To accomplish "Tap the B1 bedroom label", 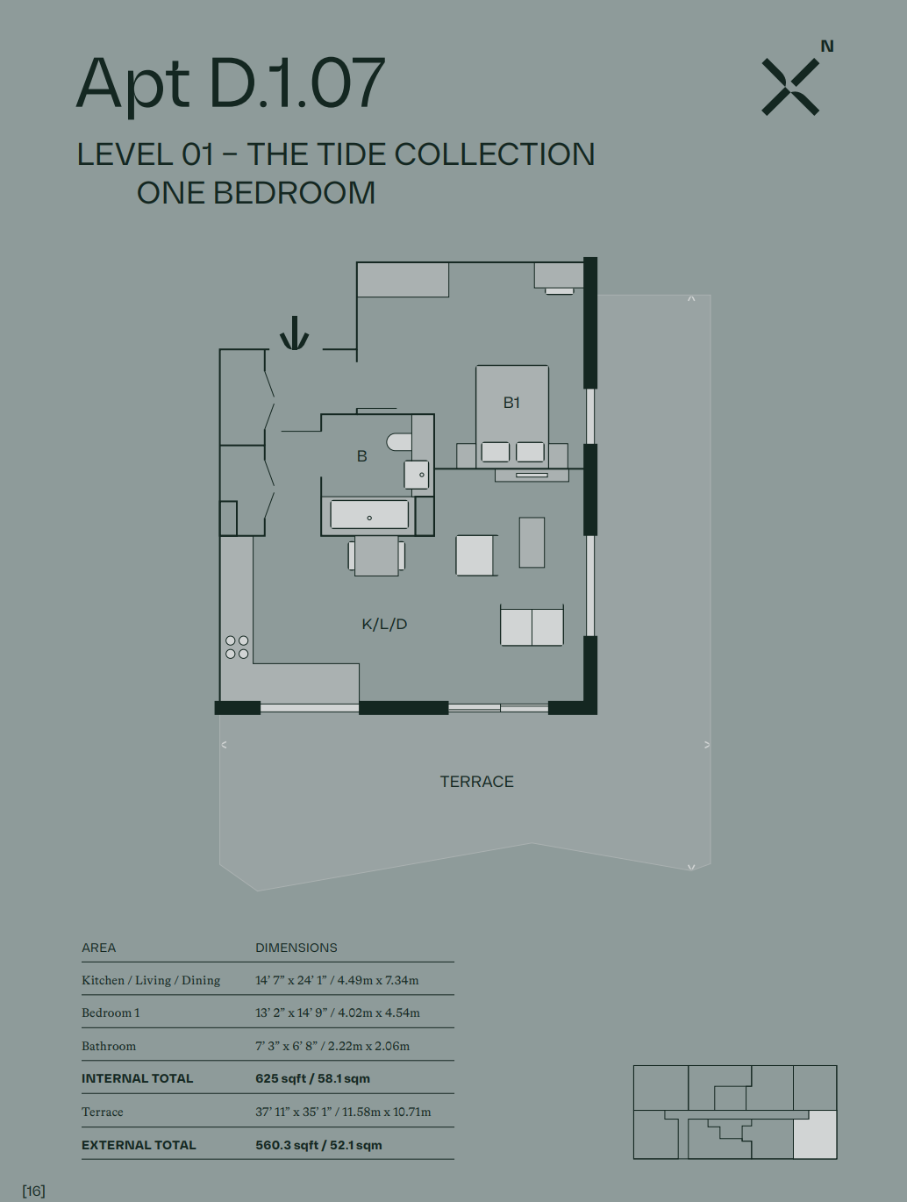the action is pyautogui.click(x=511, y=403).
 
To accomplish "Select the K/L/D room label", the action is pyautogui.click(x=384, y=625).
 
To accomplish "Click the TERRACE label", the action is pyautogui.click(x=477, y=782).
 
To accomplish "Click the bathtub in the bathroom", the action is pyautogui.click(x=369, y=515).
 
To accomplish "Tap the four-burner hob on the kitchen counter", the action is pyautogui.click(x=237, y=648).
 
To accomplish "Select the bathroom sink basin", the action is pyautogui.click(x=417, y=475).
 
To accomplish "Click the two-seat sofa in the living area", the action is pyautogui.click(x=532, y=626).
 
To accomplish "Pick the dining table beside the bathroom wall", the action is pyautogui.click(x=376, y=556).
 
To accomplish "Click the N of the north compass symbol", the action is pyautogui.click(x=827, y=47).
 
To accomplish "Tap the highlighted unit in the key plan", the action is pyautogui.click(x=815, y=1134).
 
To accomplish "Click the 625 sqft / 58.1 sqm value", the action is pyautogui.click(x=312, y=1078).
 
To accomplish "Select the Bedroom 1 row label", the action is pyautogui.click(x=111, y=1012).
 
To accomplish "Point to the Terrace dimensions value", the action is pyautogui.click(x=343, y=1112).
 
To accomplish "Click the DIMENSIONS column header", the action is pyautogui.click(x=296, y=948).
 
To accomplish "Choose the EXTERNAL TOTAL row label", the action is pyautogui.click(x=139, y=1145).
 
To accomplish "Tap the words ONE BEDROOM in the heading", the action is pyautogui.click(x=255, y=193).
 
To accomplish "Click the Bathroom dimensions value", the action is pyautogui.click(x=332, y=1046).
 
